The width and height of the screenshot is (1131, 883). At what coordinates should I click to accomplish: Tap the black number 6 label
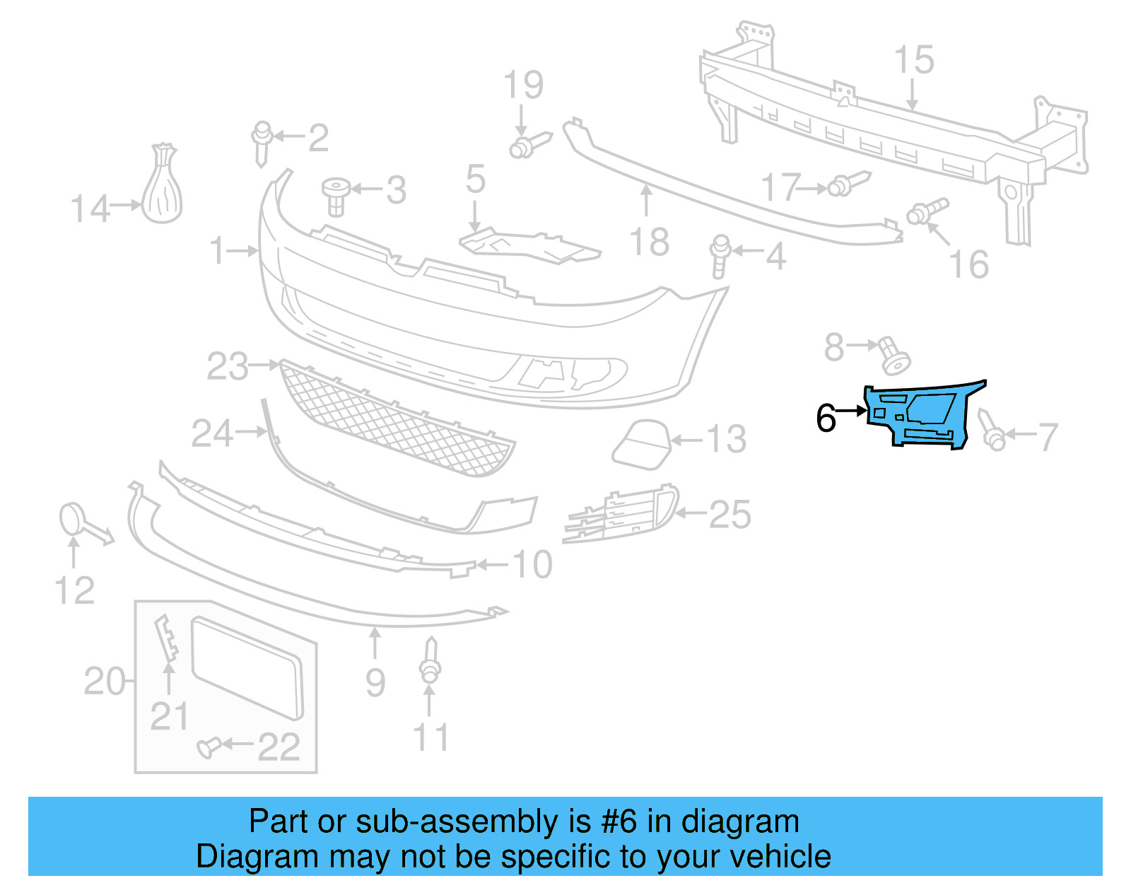click(x=826, y=419)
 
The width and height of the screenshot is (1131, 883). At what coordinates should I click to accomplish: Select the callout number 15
click(x=914, y=61)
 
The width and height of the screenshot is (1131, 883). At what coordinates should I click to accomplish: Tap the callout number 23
click(x=228, y=367)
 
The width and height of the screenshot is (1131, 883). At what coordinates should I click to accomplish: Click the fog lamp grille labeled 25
click(x=622, y=514)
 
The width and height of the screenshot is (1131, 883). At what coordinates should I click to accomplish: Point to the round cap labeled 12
click(x=71, y=520)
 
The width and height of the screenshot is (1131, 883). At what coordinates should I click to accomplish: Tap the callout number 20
click(x=105, y=682)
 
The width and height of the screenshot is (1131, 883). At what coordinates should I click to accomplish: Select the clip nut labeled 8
click(x=894, y=356)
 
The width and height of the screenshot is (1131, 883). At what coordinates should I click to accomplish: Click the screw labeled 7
click(x=991, y=431)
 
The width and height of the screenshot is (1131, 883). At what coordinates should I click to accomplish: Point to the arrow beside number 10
click(x=493, y=565)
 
